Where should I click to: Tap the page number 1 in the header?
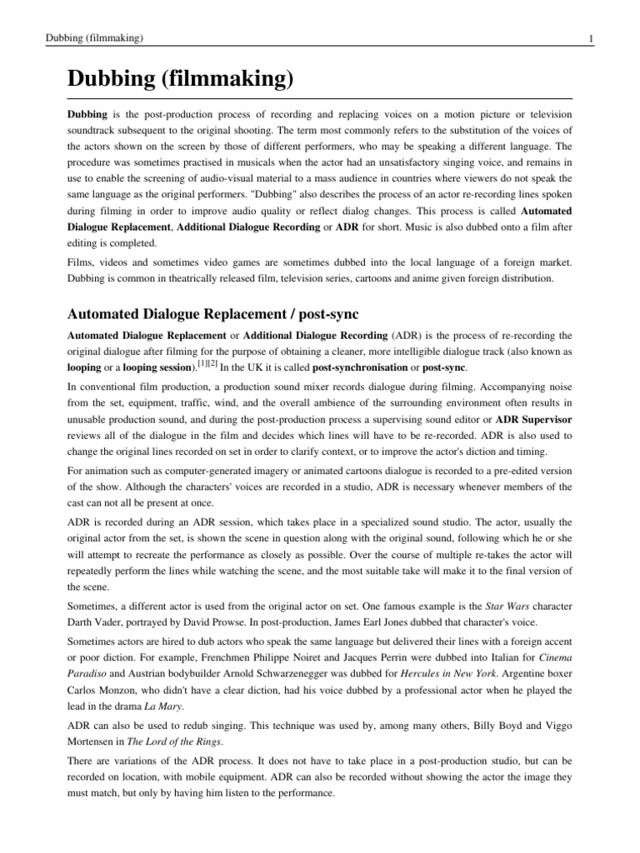click(x=591, y=38)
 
